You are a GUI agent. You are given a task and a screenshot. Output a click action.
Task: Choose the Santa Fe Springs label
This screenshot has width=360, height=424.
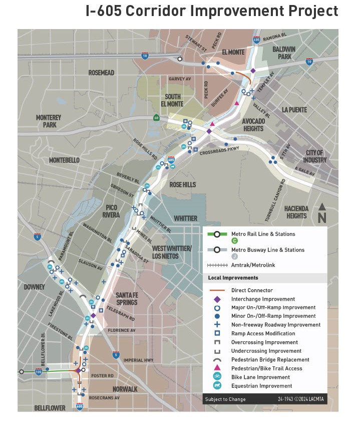tap(126, 298)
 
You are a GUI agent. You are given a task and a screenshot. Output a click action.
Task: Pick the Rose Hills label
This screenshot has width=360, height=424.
tap(183, 185)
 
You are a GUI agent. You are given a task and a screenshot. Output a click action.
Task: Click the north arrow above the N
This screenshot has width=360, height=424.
tap(322, 206)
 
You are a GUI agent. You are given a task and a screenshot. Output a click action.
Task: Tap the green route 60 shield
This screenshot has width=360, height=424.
tap(157, 118)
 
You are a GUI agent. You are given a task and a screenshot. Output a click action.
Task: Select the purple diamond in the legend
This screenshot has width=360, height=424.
tap(217, 299)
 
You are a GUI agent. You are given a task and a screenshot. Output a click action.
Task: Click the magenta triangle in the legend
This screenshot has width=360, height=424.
tap(217, 368)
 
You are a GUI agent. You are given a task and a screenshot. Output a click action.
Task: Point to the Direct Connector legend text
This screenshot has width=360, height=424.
tap(252, 290)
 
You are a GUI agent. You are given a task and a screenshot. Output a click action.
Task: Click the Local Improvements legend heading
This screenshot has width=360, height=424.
tap(233, 278)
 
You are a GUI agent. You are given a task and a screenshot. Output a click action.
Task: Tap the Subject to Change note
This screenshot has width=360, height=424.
tap(225, 399)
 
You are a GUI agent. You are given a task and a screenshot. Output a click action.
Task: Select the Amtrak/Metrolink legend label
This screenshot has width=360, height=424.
tap(253, 265)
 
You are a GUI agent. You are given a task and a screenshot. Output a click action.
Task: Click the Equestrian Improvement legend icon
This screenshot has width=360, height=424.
tap(217, 385)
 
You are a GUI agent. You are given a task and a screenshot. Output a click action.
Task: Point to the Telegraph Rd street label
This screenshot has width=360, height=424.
tap(121, 314)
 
